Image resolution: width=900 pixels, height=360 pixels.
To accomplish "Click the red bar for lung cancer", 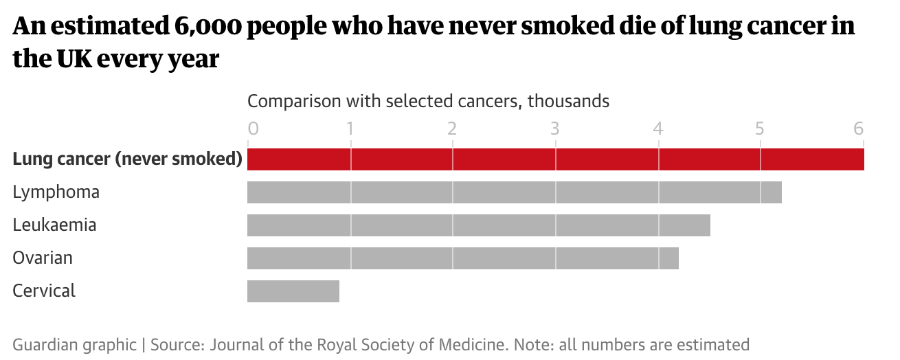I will pyautogui.click(x=555, y=159).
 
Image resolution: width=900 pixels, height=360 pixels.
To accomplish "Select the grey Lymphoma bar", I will pyautogui.click(x=514, y=192).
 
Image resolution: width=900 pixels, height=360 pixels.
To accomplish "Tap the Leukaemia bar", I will pyautogui.click(x=478, y=225).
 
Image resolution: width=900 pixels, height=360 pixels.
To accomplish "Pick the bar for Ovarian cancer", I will pyautogui.click(x=462, y=258).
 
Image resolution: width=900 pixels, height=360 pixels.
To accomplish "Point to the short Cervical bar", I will pyautogui.click(x=293, y=291).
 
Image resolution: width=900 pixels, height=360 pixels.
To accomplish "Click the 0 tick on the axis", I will pyautogui.click(x=253, y=128).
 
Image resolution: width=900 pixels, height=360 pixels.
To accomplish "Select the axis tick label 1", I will pyautogui.click(x=350, y=128).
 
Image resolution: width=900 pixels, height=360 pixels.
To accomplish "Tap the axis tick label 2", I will pyautogui.click(x=452, y=128).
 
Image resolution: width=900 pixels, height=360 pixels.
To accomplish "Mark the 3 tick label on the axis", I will pyautogui.click(x=554, y=128).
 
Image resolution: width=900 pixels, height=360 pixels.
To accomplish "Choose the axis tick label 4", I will pyautogui.click(x=657, y=128).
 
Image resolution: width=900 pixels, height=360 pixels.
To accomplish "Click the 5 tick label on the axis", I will pyautogui.click(x=759, y=128).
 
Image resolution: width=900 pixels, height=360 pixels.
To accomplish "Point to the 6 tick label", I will pyautogui.click(x=858, y=128).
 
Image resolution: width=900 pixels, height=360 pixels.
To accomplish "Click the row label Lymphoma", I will pyautogui.click(x=56, y=192).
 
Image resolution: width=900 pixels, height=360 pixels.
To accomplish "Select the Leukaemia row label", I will pyautogui.click(x=54, y=225).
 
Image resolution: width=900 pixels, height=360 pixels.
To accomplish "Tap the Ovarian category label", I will pyautogui.click(x=43, y=258).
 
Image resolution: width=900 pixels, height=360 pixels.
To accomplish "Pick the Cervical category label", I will pyautogui.click(x=44, y=291).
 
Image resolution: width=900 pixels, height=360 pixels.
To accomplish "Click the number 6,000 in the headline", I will pyautogui.click(x=204, y=27).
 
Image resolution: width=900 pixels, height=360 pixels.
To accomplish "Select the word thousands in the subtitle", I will pyautogui.click(x=568, y=102).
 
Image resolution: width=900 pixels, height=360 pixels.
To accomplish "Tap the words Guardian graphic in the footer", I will pyautogui.click(x=74, y=344).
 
